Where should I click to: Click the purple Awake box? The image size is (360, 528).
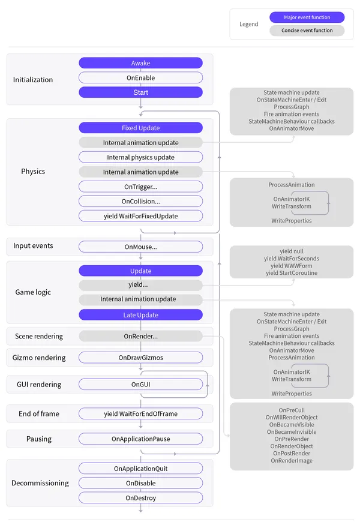click(140, 63)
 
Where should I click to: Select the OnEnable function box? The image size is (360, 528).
click(140, 77)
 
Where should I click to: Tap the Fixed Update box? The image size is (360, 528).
click(140, 128)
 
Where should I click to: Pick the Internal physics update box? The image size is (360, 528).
click(140, 157)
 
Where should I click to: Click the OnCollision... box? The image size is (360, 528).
click(140, 201)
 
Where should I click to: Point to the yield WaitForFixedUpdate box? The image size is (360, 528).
click(140, 216)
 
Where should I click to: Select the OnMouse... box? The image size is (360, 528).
click(140, 247)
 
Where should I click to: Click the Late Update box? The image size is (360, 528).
click(140, 315)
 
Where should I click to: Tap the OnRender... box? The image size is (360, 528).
click(140, 336)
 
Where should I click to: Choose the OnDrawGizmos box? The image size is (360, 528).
click(140, 358)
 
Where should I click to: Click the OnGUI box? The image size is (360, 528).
click(140, 384)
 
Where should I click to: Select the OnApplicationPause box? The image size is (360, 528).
click(140, 439)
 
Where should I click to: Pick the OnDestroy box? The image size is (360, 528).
click(140, 498)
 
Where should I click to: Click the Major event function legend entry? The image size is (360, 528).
click(307, 17)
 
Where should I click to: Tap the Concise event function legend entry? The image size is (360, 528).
click(307, 31)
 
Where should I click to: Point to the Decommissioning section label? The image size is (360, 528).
click(40, 483)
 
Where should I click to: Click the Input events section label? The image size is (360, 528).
click(33, 246)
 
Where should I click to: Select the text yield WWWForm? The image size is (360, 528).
click(291, 266)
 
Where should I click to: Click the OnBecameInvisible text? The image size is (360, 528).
click(292, 432)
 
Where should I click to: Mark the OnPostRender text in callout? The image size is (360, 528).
click(292, 454)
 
